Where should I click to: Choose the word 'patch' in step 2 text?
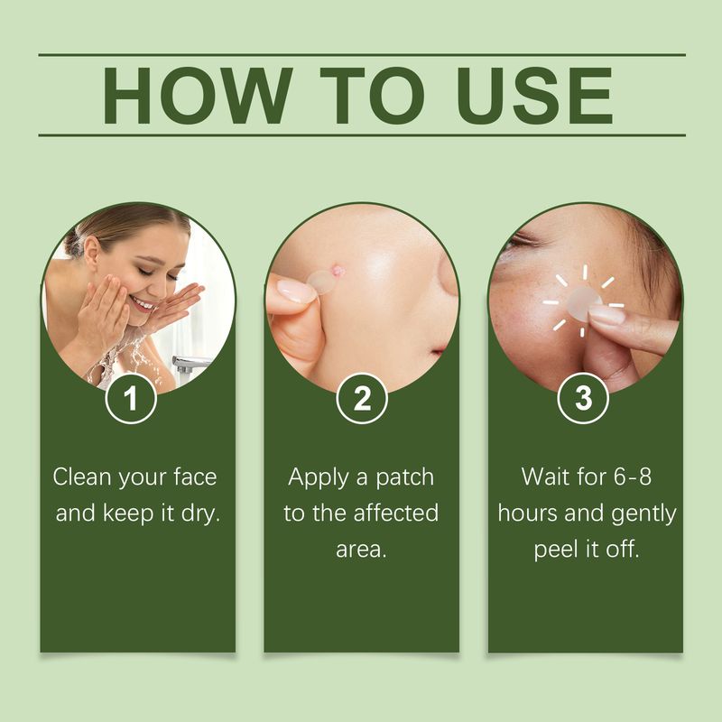(403, 477)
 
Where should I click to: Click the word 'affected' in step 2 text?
(394, 514)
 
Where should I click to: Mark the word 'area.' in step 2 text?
(361, 550)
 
